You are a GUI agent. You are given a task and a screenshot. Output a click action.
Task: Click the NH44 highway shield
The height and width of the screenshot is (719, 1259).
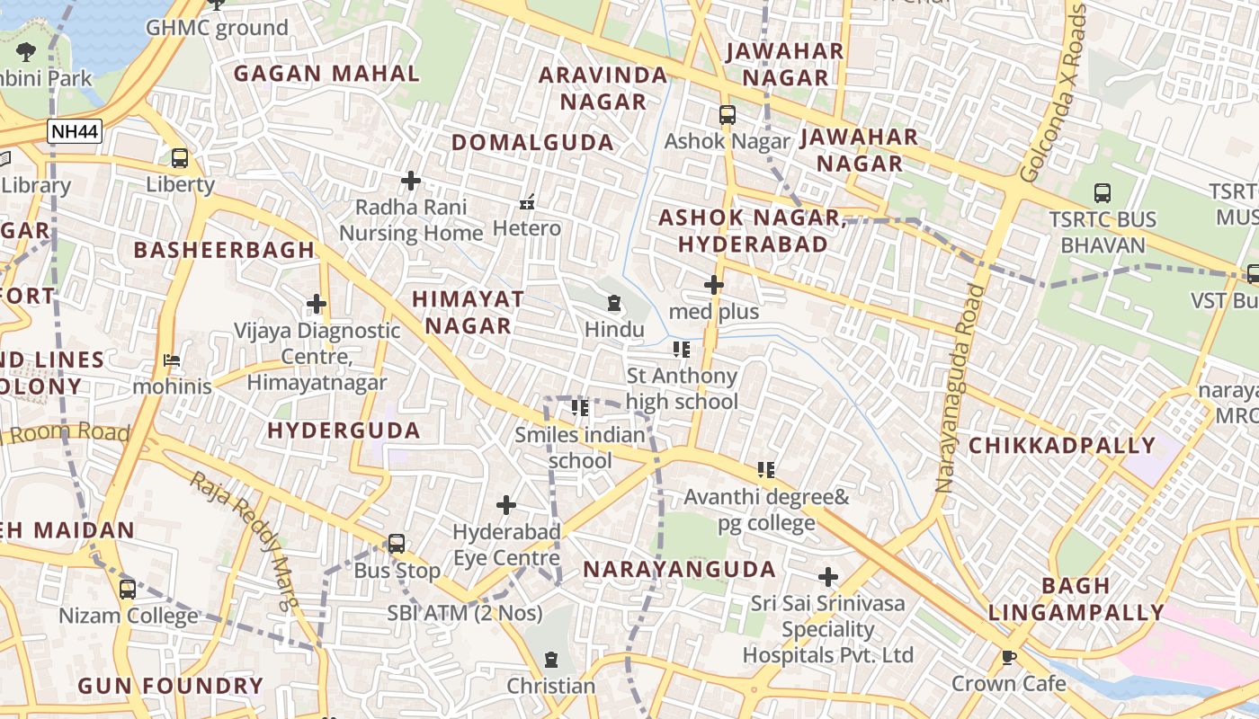[x=75, y=132]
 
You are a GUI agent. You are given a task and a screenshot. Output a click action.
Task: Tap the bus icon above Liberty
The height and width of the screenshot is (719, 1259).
[x=180, y=158]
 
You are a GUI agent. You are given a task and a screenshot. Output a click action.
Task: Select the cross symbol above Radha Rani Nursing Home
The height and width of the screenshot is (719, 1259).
[x=411, y=181]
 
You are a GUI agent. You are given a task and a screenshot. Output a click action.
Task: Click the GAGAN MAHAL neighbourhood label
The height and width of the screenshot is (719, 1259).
[x=327, y=74]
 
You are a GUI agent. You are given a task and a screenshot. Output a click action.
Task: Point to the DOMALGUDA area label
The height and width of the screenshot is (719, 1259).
[x=532, y=142]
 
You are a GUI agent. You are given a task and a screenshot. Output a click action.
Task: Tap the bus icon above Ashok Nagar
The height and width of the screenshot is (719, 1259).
[x=727, y=115]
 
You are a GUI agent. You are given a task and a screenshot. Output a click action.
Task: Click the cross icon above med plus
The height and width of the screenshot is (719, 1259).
[x=714, y=285]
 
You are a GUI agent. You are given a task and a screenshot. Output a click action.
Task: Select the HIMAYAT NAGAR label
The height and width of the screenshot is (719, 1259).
[x=468, y=312]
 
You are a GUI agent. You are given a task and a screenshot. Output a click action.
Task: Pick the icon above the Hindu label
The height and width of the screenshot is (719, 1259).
[x=614, y=303]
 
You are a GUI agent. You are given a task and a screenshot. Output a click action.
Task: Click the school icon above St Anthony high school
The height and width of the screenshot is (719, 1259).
[x=682, y=349]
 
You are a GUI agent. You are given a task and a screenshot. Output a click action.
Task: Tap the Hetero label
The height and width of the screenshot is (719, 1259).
[x=527, y=228]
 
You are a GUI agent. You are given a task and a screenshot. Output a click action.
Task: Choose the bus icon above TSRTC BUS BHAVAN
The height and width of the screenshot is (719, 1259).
[x=1102, y=192]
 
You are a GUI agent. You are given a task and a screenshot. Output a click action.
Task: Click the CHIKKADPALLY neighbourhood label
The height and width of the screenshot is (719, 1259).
[x=1061, y=446]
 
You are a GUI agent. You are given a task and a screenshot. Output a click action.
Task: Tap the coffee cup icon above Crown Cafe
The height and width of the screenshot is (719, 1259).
[x=1009, y=657]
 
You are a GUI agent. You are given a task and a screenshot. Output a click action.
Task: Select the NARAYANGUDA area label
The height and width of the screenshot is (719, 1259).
[x=679, y=569]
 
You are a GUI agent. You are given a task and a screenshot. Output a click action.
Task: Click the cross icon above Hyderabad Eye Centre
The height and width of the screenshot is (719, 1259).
[x=506, y=505]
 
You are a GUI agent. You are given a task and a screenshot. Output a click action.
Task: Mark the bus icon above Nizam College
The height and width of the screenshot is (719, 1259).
[x=128, y=590]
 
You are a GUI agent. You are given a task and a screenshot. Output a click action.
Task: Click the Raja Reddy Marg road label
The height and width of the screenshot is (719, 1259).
[x=243, y=541]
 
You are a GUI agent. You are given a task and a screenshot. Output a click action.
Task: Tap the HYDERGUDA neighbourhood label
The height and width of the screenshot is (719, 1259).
[x=344, y=431]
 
